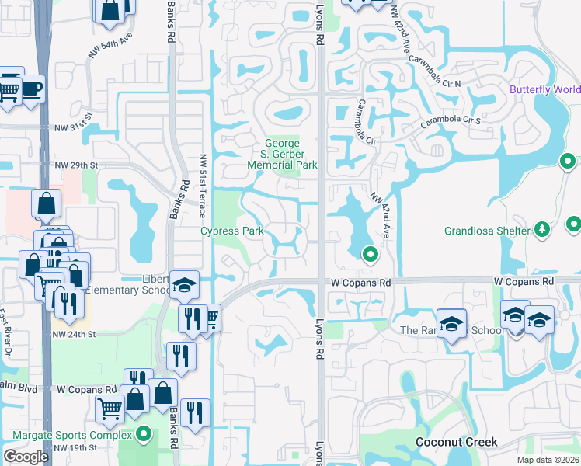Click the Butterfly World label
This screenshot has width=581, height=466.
point(544,89)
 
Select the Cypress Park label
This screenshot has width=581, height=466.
point(232,231)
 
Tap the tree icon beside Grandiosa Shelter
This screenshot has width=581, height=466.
point(542,229)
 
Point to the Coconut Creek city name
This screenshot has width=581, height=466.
point(456,442)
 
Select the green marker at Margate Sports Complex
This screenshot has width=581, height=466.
point(143,433)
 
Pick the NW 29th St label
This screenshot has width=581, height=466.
point(76,165)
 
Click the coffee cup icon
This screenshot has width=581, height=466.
point(31,88)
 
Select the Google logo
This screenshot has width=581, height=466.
point(26,457)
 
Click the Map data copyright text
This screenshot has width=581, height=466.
point(548,460)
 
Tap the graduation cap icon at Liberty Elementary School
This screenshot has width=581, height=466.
point(184,285)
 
